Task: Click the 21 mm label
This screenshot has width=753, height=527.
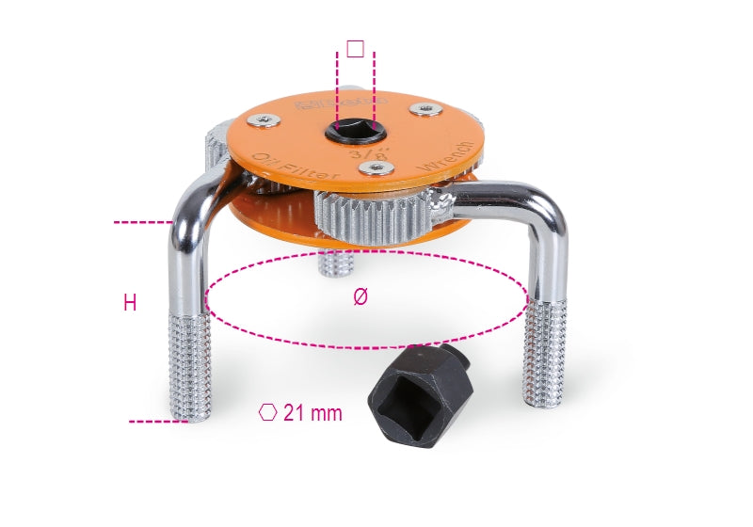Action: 312,412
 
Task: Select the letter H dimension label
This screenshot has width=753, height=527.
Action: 130,302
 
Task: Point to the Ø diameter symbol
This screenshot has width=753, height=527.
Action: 360,296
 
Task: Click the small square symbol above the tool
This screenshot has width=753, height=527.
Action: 355,48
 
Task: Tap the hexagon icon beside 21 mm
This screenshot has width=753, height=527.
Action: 269,412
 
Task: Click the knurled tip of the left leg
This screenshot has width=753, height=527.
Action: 189,367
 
